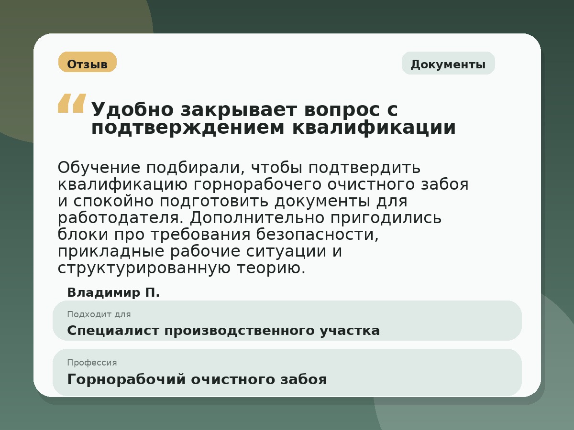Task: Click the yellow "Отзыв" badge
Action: coord(87,63)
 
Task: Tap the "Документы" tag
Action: coord(448,64)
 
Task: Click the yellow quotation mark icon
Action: coord(72,103)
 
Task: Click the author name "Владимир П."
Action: coord(113,292)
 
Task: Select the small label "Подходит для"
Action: coord(99,314)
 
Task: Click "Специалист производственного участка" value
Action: coord(223,331)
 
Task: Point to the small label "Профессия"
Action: coord(92,363)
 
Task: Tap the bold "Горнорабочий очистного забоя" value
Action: coord(197,379)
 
